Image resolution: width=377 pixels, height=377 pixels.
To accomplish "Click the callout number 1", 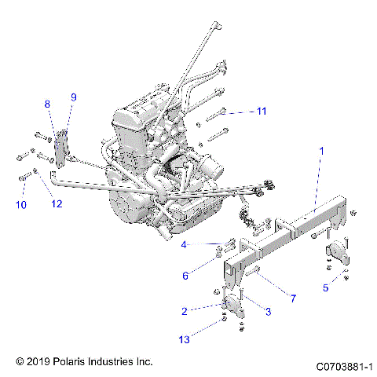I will [x=320, y=149].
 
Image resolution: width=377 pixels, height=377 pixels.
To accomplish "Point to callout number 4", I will [x=185, y=245].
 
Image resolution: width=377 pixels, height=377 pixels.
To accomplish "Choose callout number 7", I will [x=292, y=298].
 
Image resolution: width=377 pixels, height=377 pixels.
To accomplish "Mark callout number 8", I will [x=47, y=104].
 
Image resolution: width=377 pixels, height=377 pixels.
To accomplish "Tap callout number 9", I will [x=74, y=97].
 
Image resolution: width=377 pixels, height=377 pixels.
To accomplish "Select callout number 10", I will [x=20, y=205].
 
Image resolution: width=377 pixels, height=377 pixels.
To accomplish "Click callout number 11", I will [x=262, y=112].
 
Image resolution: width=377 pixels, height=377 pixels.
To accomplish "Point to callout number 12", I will [x=56, y=205].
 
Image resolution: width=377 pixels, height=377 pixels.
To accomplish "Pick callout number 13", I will [x=184, y=339].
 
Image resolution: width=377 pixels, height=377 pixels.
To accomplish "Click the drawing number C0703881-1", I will [x=343, y=366].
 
